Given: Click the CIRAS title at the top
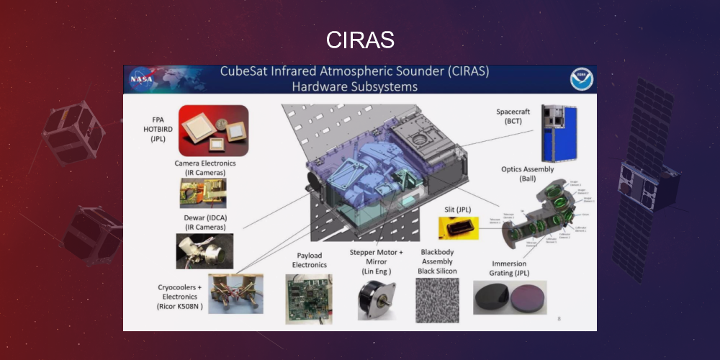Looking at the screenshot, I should click(x=360, y=40).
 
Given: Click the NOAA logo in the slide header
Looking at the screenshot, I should click(x=581, y=78).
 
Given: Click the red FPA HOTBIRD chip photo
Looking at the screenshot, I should click(x=213, y=131).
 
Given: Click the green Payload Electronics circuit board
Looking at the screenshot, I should click(x=308, y=299).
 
